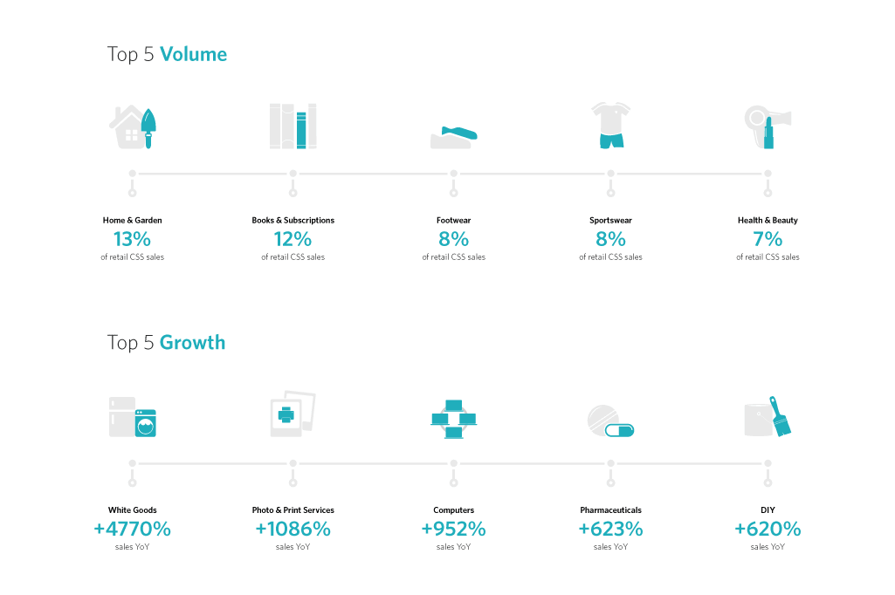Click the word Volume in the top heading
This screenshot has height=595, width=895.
[193, 54]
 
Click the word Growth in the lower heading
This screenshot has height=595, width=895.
[192, 343]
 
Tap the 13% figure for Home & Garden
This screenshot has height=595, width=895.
[132, 239]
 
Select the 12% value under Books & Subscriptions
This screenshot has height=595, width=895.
[293, 239]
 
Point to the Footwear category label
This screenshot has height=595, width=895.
[453, 221]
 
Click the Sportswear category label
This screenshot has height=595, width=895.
[610, 221]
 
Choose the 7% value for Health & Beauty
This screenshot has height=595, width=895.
[768, 239]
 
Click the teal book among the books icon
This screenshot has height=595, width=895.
[301, 130]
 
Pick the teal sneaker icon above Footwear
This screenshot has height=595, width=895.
[459, 133]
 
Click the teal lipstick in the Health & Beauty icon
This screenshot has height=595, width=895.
[768, 135]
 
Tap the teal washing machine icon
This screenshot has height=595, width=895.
[145, 423]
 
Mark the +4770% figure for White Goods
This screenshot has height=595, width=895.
[132, 529]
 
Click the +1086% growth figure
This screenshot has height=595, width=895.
[293, 529]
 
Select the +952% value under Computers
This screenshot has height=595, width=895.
[453, 529]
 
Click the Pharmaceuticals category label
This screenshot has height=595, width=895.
[610, 510]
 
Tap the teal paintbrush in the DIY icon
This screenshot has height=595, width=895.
[780, 417]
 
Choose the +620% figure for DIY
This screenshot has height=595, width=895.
[768, 529]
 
